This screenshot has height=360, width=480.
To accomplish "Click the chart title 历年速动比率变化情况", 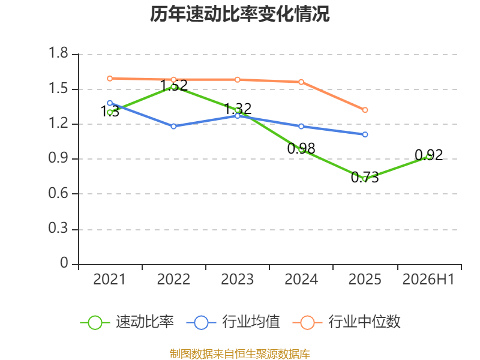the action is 239,14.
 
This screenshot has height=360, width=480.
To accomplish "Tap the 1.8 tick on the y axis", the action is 58,53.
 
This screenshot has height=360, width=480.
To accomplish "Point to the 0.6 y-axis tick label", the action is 58,193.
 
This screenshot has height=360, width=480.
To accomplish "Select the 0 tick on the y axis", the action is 64,263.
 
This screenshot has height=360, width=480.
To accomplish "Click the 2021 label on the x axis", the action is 109,279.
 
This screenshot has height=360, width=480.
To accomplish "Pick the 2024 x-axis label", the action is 301,279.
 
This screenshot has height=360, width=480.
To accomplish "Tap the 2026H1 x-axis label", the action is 428,279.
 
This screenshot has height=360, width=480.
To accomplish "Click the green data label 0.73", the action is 365,177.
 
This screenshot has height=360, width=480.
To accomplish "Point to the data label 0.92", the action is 428,155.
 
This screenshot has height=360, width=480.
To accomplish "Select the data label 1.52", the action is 173,85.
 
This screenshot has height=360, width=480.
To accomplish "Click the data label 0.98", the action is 301,148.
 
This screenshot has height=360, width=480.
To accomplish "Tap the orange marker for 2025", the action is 365,110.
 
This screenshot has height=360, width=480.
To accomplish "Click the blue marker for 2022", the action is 173,127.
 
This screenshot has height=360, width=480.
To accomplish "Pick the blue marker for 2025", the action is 365,134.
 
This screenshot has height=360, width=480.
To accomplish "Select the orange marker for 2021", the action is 110,79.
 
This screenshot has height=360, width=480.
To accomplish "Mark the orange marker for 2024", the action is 301,82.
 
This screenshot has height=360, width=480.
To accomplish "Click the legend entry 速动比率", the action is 127,322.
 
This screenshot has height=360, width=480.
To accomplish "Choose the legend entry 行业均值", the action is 233,322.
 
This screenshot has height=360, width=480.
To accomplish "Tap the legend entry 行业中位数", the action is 347,322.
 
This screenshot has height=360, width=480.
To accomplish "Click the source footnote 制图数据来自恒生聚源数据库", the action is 240,354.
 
